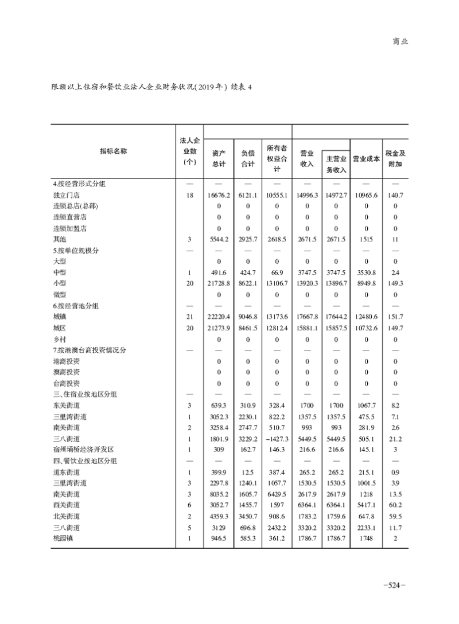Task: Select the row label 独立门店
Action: click(64, 196)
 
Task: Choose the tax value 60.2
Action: click(395, 505)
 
